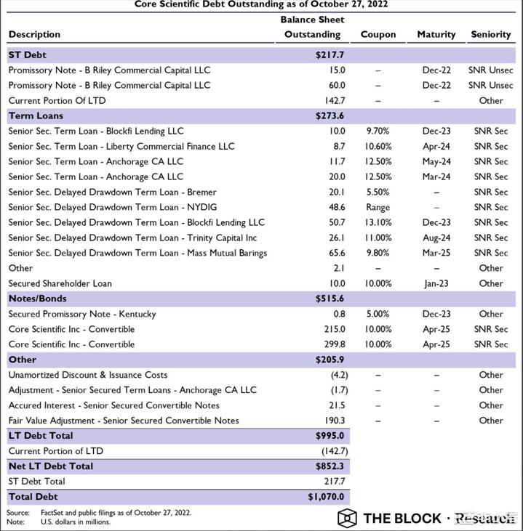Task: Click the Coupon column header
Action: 378,34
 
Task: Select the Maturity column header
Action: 436,34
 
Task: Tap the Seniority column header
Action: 491,34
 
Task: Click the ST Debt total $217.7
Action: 330,54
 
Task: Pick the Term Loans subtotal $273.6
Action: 330,115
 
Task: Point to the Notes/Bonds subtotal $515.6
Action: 330,299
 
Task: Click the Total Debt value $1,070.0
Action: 327,497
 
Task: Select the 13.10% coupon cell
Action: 378,222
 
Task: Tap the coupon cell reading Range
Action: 378,207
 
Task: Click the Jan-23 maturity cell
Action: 436,283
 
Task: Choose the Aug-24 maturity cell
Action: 436,238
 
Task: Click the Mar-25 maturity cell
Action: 436,253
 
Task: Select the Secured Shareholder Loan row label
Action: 60,283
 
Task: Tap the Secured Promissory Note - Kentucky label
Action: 82,314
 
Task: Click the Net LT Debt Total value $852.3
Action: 330,466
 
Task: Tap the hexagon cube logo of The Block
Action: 347,518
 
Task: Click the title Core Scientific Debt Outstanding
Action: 261,4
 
